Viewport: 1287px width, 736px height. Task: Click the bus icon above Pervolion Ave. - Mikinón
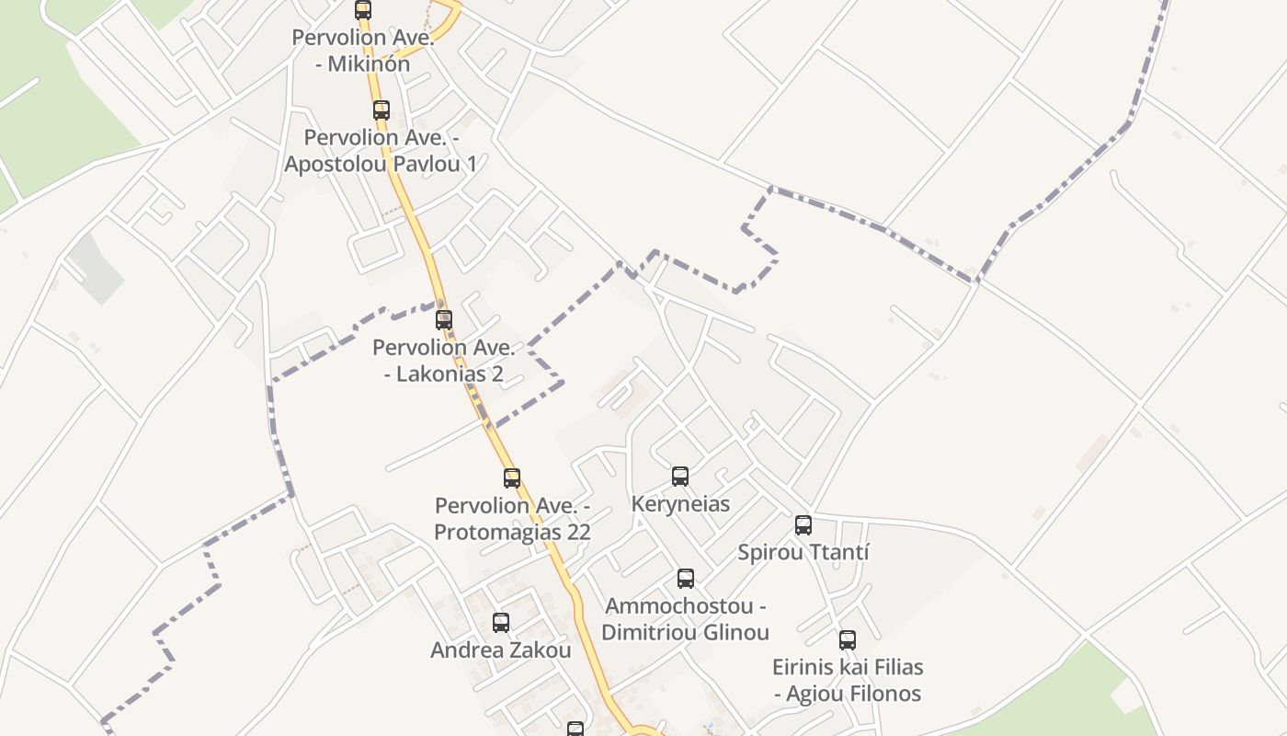[x=363, y=10]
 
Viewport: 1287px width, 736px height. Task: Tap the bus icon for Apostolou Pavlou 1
[x=382, y=110]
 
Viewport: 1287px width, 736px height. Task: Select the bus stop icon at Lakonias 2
[x=444, y=320]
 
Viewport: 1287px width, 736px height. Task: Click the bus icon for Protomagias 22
[x=512, y=478]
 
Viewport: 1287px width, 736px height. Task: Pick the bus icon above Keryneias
[x=680, y=477]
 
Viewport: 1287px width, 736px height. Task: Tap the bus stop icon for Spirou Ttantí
[x=803, y=525]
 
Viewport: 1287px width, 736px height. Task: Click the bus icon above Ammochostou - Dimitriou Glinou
[x=686, y=579]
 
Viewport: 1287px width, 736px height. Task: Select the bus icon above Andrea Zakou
[x=501, y=623]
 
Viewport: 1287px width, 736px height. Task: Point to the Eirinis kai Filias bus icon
[x=848, y=640]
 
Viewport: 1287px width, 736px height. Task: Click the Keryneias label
[x=680, y=504]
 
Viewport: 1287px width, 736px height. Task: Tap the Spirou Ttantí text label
[x=803, y=553]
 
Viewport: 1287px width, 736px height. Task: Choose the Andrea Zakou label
[x=501, y=650]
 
